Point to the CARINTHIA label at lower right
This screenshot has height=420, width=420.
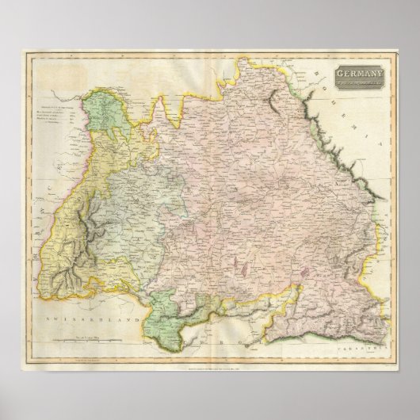click(373, 347)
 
